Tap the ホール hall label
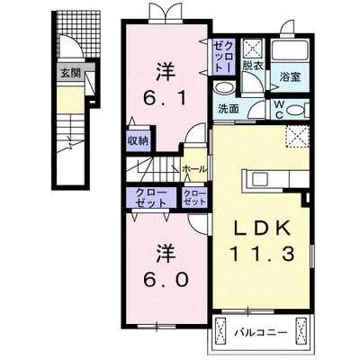coord(193,168)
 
